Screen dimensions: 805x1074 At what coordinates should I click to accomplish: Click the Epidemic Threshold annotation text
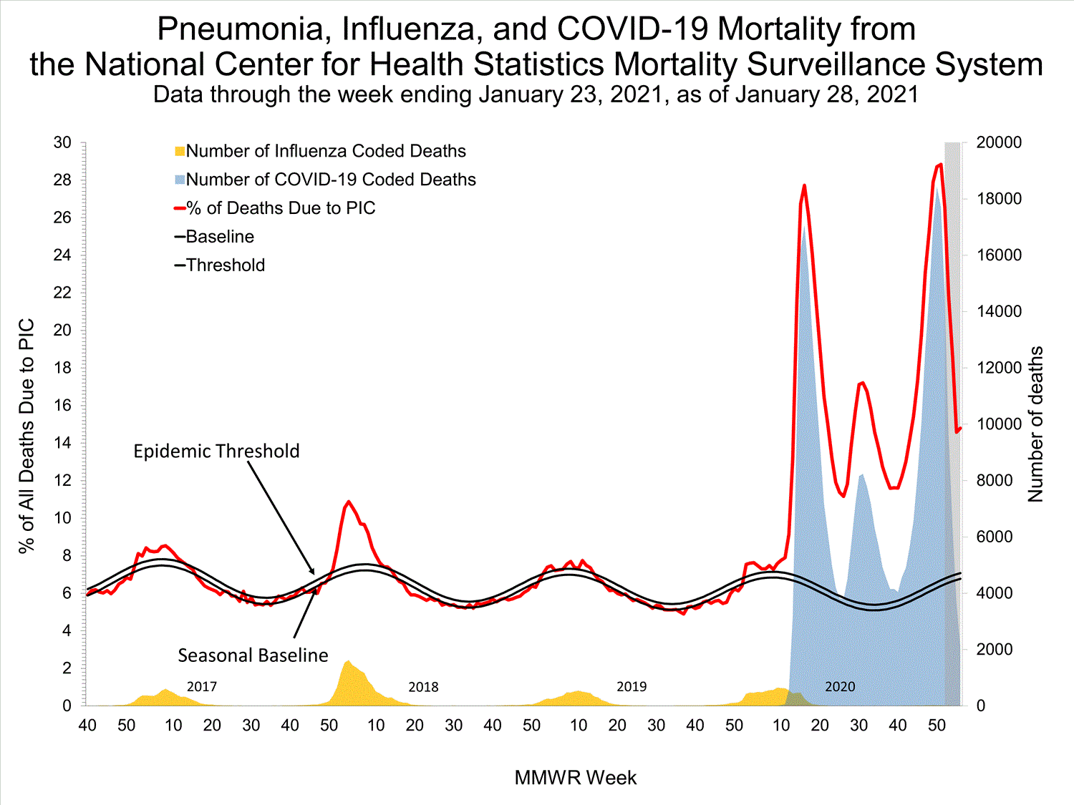click(x=216, y=451)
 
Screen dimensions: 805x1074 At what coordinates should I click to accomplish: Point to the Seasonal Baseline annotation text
click(x=253, y=655)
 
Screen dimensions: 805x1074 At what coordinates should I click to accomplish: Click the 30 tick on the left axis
click(x=62, y=142)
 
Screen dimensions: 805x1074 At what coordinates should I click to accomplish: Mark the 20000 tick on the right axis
click(x=999, y=142)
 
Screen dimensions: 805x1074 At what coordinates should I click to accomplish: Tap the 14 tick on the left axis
click(x=62, y=443)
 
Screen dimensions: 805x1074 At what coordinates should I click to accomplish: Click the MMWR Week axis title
click(x=575, y=778)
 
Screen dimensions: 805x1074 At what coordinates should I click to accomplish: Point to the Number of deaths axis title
click(x=1035, y=424)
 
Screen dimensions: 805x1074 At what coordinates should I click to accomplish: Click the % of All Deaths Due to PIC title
click(x=26, y=436)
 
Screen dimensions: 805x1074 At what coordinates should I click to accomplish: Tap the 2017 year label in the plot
click(x=202, y=687)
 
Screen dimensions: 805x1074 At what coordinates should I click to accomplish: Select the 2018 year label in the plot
click(x=423, y=687)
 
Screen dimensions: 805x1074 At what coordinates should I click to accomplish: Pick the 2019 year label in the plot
click(x=632, y=687)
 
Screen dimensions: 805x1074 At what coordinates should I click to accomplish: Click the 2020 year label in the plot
click(x=840, y=687)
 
